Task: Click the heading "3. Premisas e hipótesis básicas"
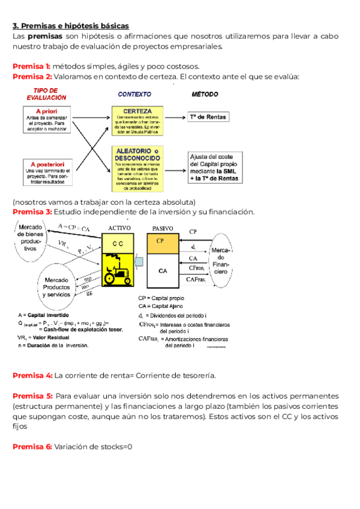tap(70, 26)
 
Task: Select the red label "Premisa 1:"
tap(31, 66)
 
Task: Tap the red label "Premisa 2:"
tap(32, 77)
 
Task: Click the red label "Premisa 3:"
tap(32, 212)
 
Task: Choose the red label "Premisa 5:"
tap(32, 396)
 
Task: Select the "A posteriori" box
tap(46, 171)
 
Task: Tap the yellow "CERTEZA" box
tap(137, 122)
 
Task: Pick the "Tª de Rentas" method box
tap(208, 116)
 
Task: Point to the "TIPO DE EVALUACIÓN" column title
tap(46, 94)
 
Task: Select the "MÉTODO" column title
tap(205, 94)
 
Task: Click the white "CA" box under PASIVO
tap(163, 271)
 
